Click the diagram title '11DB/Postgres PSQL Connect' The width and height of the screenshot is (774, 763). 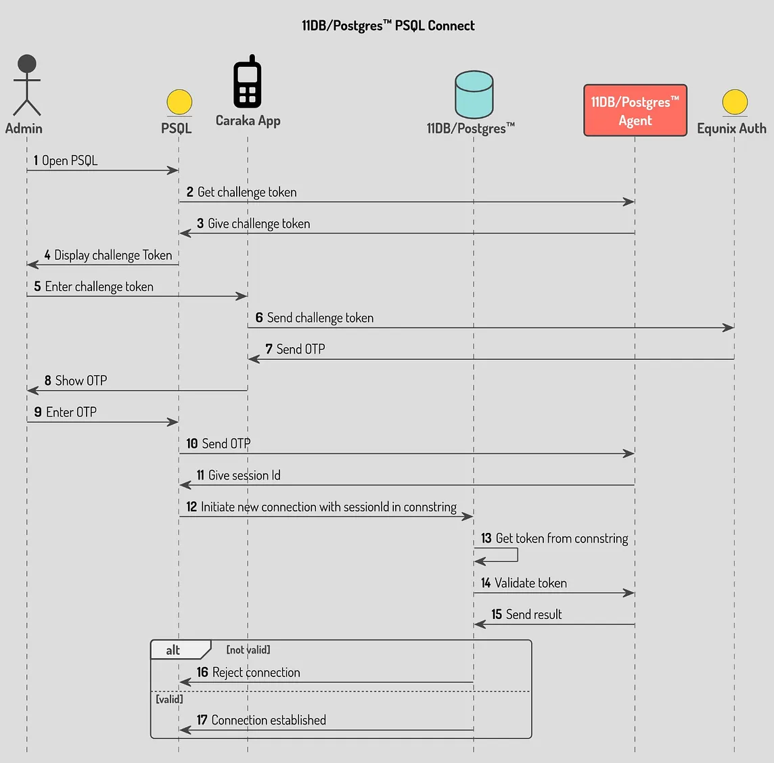point(388,26)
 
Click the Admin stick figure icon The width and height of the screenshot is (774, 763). point(27,85)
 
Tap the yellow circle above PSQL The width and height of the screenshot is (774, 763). point(179,102)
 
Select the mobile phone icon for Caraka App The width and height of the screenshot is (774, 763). point(248,82)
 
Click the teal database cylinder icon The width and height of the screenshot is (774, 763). point(474,94)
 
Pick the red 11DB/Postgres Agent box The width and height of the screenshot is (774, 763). point(635,110)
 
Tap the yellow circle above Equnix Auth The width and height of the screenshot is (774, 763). point(734,102)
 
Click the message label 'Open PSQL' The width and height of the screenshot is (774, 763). point(70,160)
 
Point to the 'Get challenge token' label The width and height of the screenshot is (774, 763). point(247,192)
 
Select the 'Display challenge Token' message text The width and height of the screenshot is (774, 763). point(113,255)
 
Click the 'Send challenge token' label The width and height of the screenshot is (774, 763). point(320,318)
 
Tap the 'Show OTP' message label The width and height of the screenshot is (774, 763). point(81,381)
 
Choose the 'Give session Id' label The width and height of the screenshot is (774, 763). point(244,476)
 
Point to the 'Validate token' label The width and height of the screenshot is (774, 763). point(530,583)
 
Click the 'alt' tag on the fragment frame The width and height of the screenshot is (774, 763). point(173,650)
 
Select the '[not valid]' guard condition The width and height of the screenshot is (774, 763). point(248,649)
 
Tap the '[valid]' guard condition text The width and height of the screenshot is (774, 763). point(169,699)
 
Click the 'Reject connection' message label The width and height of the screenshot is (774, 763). point(256,672)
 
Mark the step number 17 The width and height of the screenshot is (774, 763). point(202,720)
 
